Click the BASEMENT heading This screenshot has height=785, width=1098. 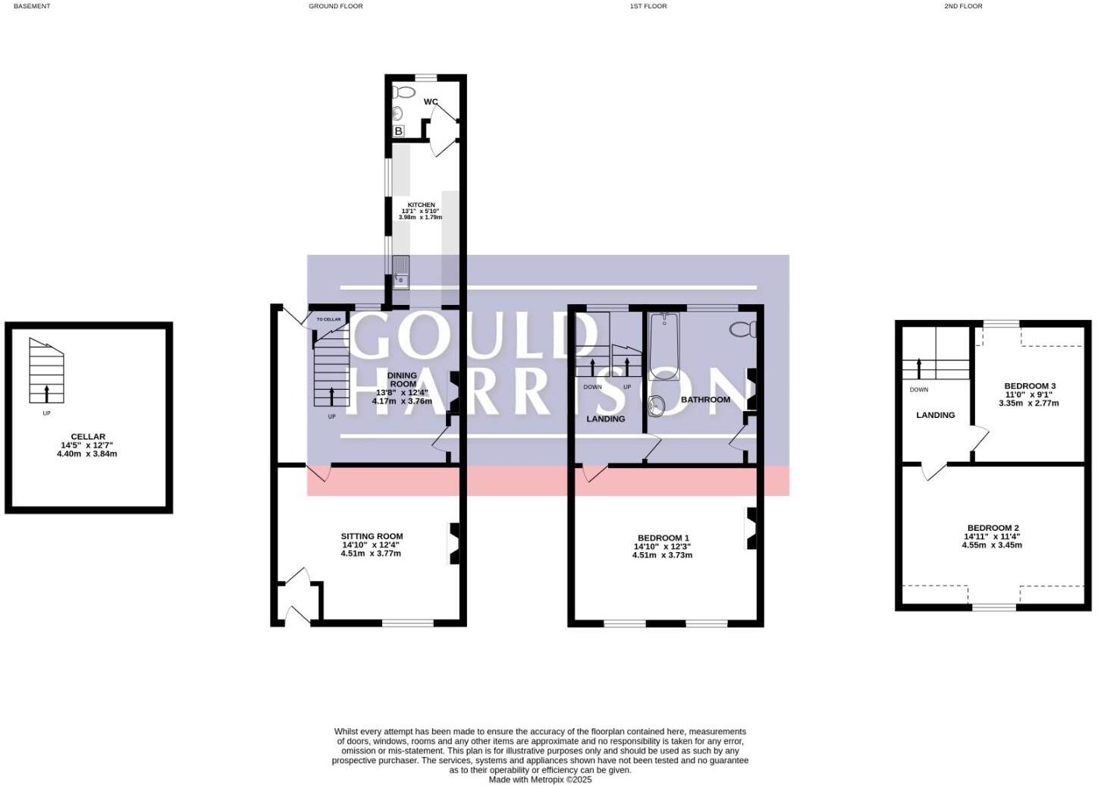pos(32,6)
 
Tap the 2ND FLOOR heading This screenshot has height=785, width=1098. pos(962,6)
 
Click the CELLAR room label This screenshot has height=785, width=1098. pos(88,437)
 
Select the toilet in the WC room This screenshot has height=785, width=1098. pos(403,93)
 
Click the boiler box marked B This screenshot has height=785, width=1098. pos(399,131)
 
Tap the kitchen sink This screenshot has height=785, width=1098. pos(400,272)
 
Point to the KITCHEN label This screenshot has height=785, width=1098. pos(422,205)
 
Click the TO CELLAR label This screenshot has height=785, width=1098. pos(328,319)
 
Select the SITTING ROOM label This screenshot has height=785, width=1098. pos(372,536)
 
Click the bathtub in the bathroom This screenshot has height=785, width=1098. pos(664,346)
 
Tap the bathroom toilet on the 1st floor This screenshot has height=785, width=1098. pos(742,329)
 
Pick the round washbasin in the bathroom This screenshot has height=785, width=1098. pos(657,407)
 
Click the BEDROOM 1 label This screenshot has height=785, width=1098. pos(663,539)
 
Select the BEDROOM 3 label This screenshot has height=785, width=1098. pos(1030,386)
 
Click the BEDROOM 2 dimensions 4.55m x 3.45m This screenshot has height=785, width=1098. pos(992,545)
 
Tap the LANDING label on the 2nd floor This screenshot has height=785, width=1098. pos(935,415)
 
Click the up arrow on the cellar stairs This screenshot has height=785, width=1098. pos(47,393)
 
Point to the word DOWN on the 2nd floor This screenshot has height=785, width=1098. pos(918,390)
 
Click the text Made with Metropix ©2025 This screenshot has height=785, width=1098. pos(540,779)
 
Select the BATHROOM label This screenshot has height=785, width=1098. pos(705,400)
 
